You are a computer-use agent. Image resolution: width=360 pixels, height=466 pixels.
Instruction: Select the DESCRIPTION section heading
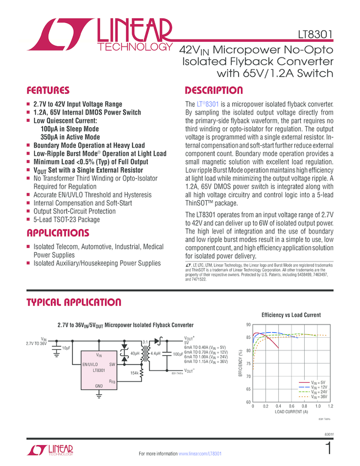point(214,90)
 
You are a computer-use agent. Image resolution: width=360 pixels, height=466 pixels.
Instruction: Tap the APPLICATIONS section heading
point(59,232)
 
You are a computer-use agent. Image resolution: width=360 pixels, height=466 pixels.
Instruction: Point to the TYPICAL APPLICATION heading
point(74,303)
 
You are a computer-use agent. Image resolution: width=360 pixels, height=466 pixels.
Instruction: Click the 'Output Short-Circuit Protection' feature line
point(75,211)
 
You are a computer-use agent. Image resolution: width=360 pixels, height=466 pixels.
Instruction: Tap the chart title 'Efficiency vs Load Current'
point(291,315)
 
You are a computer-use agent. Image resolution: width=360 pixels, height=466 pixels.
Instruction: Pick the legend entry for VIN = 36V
point(317,396)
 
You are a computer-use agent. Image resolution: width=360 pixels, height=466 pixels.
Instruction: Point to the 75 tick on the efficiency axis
point(249,363)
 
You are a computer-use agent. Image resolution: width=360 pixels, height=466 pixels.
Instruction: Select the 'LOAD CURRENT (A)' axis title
point(291,412)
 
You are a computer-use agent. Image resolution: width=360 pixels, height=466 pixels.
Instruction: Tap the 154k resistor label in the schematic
point(134,373)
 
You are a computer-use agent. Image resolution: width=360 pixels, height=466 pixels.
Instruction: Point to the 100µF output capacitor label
point(178,354)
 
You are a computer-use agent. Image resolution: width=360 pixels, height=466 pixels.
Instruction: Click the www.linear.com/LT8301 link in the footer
point(201,454)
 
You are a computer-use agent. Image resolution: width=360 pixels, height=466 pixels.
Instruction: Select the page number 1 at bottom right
point(328,449)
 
